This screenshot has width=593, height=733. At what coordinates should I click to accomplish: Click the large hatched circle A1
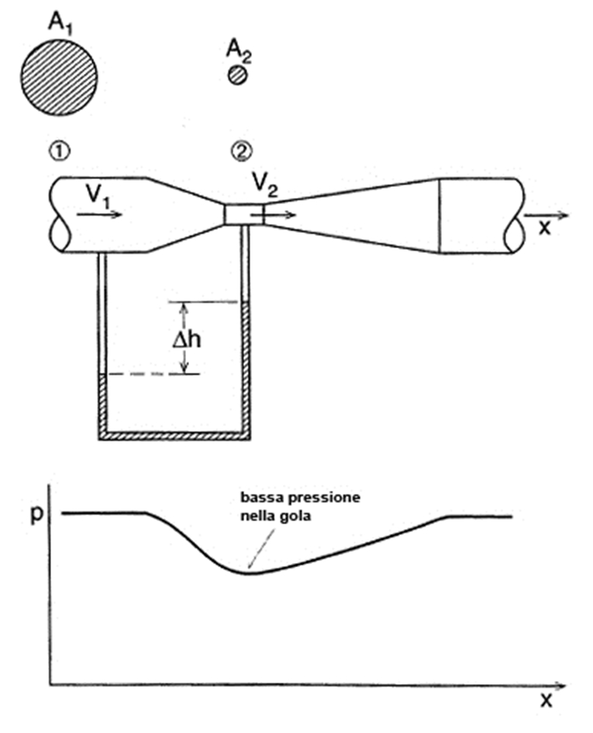tap(60, 78)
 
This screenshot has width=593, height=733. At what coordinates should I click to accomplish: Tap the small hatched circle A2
tap(238, 74)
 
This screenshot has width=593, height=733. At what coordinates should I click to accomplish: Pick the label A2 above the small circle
tap(239, 50)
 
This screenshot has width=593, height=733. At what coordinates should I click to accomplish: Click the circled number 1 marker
tap(60, 151)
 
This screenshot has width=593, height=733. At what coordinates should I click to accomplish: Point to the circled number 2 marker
tap(241, 151)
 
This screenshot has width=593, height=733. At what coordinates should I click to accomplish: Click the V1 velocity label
tap(98, 195)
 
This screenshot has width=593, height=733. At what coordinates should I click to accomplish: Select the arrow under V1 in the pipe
tap(99, 215)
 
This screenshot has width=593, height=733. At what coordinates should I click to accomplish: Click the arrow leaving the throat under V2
tap(274, 215)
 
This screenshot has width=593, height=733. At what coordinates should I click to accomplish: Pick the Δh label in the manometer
tap(187, 340)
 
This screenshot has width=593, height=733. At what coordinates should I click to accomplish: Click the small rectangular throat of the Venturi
tap(243, 215)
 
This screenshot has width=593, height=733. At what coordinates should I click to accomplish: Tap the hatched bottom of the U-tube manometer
tap(174, 435)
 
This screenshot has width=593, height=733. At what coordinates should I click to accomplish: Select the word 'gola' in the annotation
tap(296, 517)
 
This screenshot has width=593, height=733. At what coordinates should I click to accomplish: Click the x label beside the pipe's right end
tap(545, 228)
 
